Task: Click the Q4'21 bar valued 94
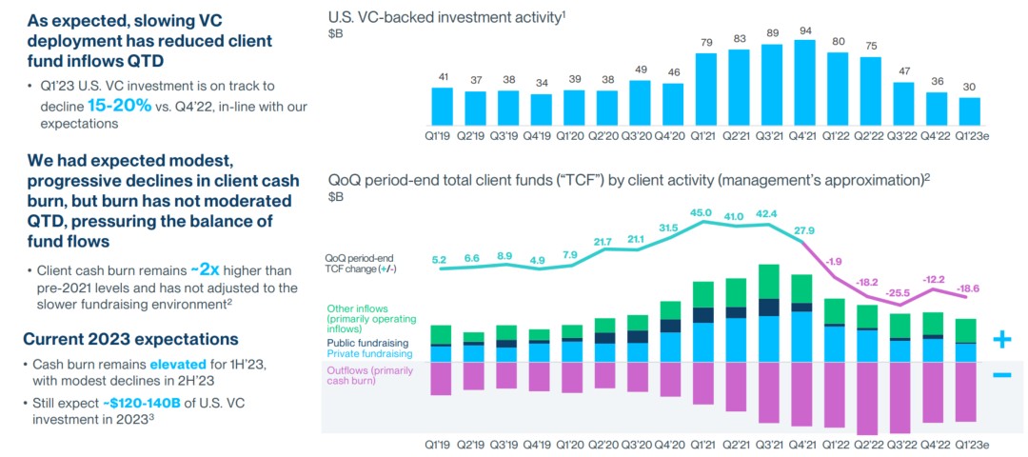tap(804, 82)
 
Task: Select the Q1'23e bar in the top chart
tap(969, 110)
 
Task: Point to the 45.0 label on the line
tap(702, 212)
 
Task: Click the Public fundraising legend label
tap(367, 342)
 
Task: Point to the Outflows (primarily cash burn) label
tap(366, 375)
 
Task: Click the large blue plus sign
tap(1001, 339)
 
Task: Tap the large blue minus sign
tap(1001, 375)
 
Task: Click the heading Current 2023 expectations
tap(130, 339)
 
